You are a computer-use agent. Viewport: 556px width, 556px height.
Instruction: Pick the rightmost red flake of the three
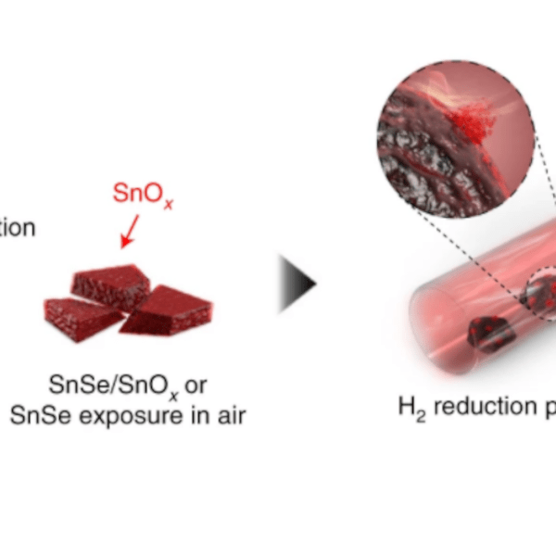[x=170, y=310]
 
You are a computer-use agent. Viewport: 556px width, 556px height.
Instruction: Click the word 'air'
[x=229, y=413]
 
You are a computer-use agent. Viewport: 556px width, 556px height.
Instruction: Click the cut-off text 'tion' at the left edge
[x=17, y=228]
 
